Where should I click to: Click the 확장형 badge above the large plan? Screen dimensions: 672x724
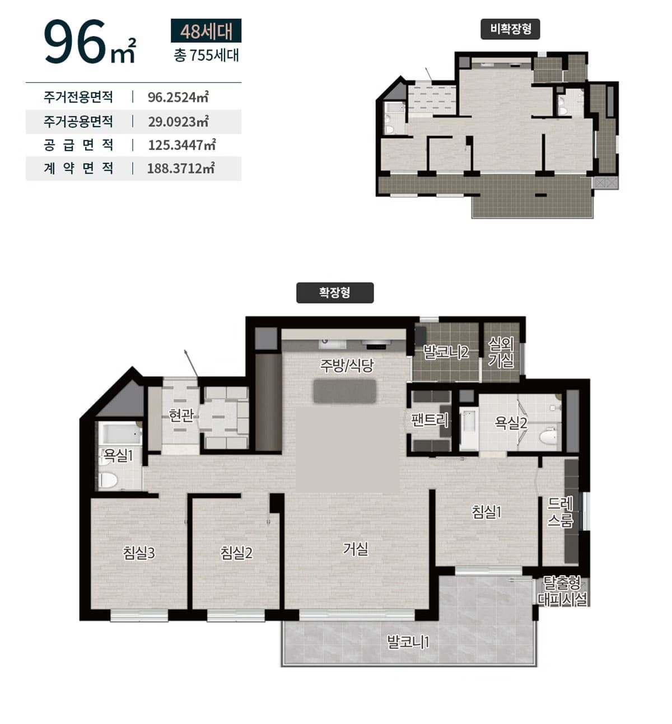(x=335, y=292)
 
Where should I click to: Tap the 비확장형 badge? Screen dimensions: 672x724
(x=510, y=29)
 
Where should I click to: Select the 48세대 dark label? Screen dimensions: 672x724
(x=206, y=31)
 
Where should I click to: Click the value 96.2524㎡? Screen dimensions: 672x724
(x=178, y=97)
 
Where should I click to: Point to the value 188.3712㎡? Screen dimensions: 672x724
(x=181, y=169)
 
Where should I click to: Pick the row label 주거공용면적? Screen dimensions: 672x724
(x=78, y=122)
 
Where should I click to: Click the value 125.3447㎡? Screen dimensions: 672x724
(x=181, y=145)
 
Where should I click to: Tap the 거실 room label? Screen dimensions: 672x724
(x=356, y=549)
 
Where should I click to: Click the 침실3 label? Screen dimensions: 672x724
(x=139, y=553)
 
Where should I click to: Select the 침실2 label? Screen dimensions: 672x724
(x=236, y=553)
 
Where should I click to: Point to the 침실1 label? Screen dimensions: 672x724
(x=487, y=512)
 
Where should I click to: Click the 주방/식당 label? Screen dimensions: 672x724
(x=347, y=365)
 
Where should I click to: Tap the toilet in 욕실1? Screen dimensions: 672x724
(x=109, y=480)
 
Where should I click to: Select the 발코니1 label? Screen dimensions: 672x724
(x=408, y=642)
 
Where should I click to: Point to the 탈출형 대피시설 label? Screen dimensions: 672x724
(x=562, y=591)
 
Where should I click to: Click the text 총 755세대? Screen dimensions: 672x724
(x=207, y=55)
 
